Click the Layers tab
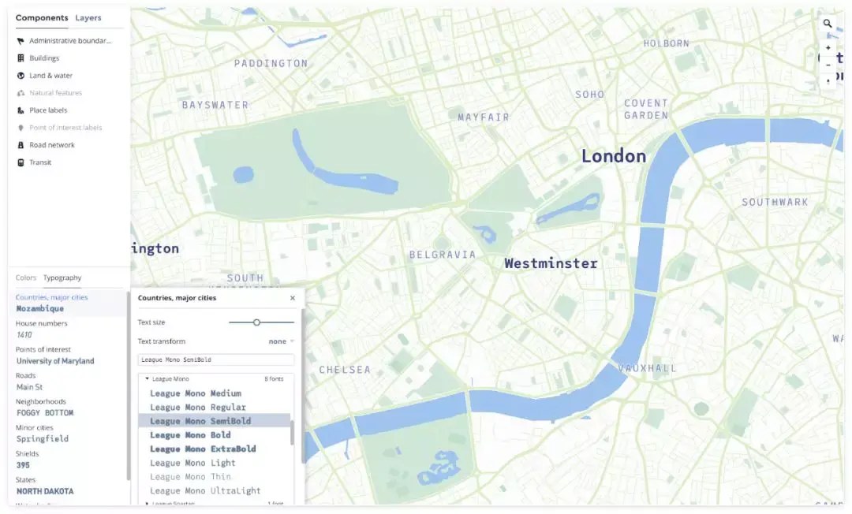tap(88, 17)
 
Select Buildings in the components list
tap(44, 58)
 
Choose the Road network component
tap(52, 145)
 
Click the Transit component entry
tap(40, 162)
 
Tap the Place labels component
tap(48, 110)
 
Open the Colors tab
tap(26, 277)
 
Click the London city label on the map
tap(613, 156)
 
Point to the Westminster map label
tap(551, 263)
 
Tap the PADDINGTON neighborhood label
tap(271, 63)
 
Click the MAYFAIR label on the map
tap(484, 117)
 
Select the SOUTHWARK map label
tap(775, 203)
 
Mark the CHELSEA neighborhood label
tap(345, 370)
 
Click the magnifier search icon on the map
tap(828, 24)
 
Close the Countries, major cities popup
tap(293, 298)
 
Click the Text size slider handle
tap(256, 322)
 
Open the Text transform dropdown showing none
tap(281, 341)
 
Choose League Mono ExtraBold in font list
tap(203, 449)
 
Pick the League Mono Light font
tap(192, 463)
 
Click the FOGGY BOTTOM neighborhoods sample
tap(45, 412)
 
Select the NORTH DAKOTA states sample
tap(45, 491)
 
